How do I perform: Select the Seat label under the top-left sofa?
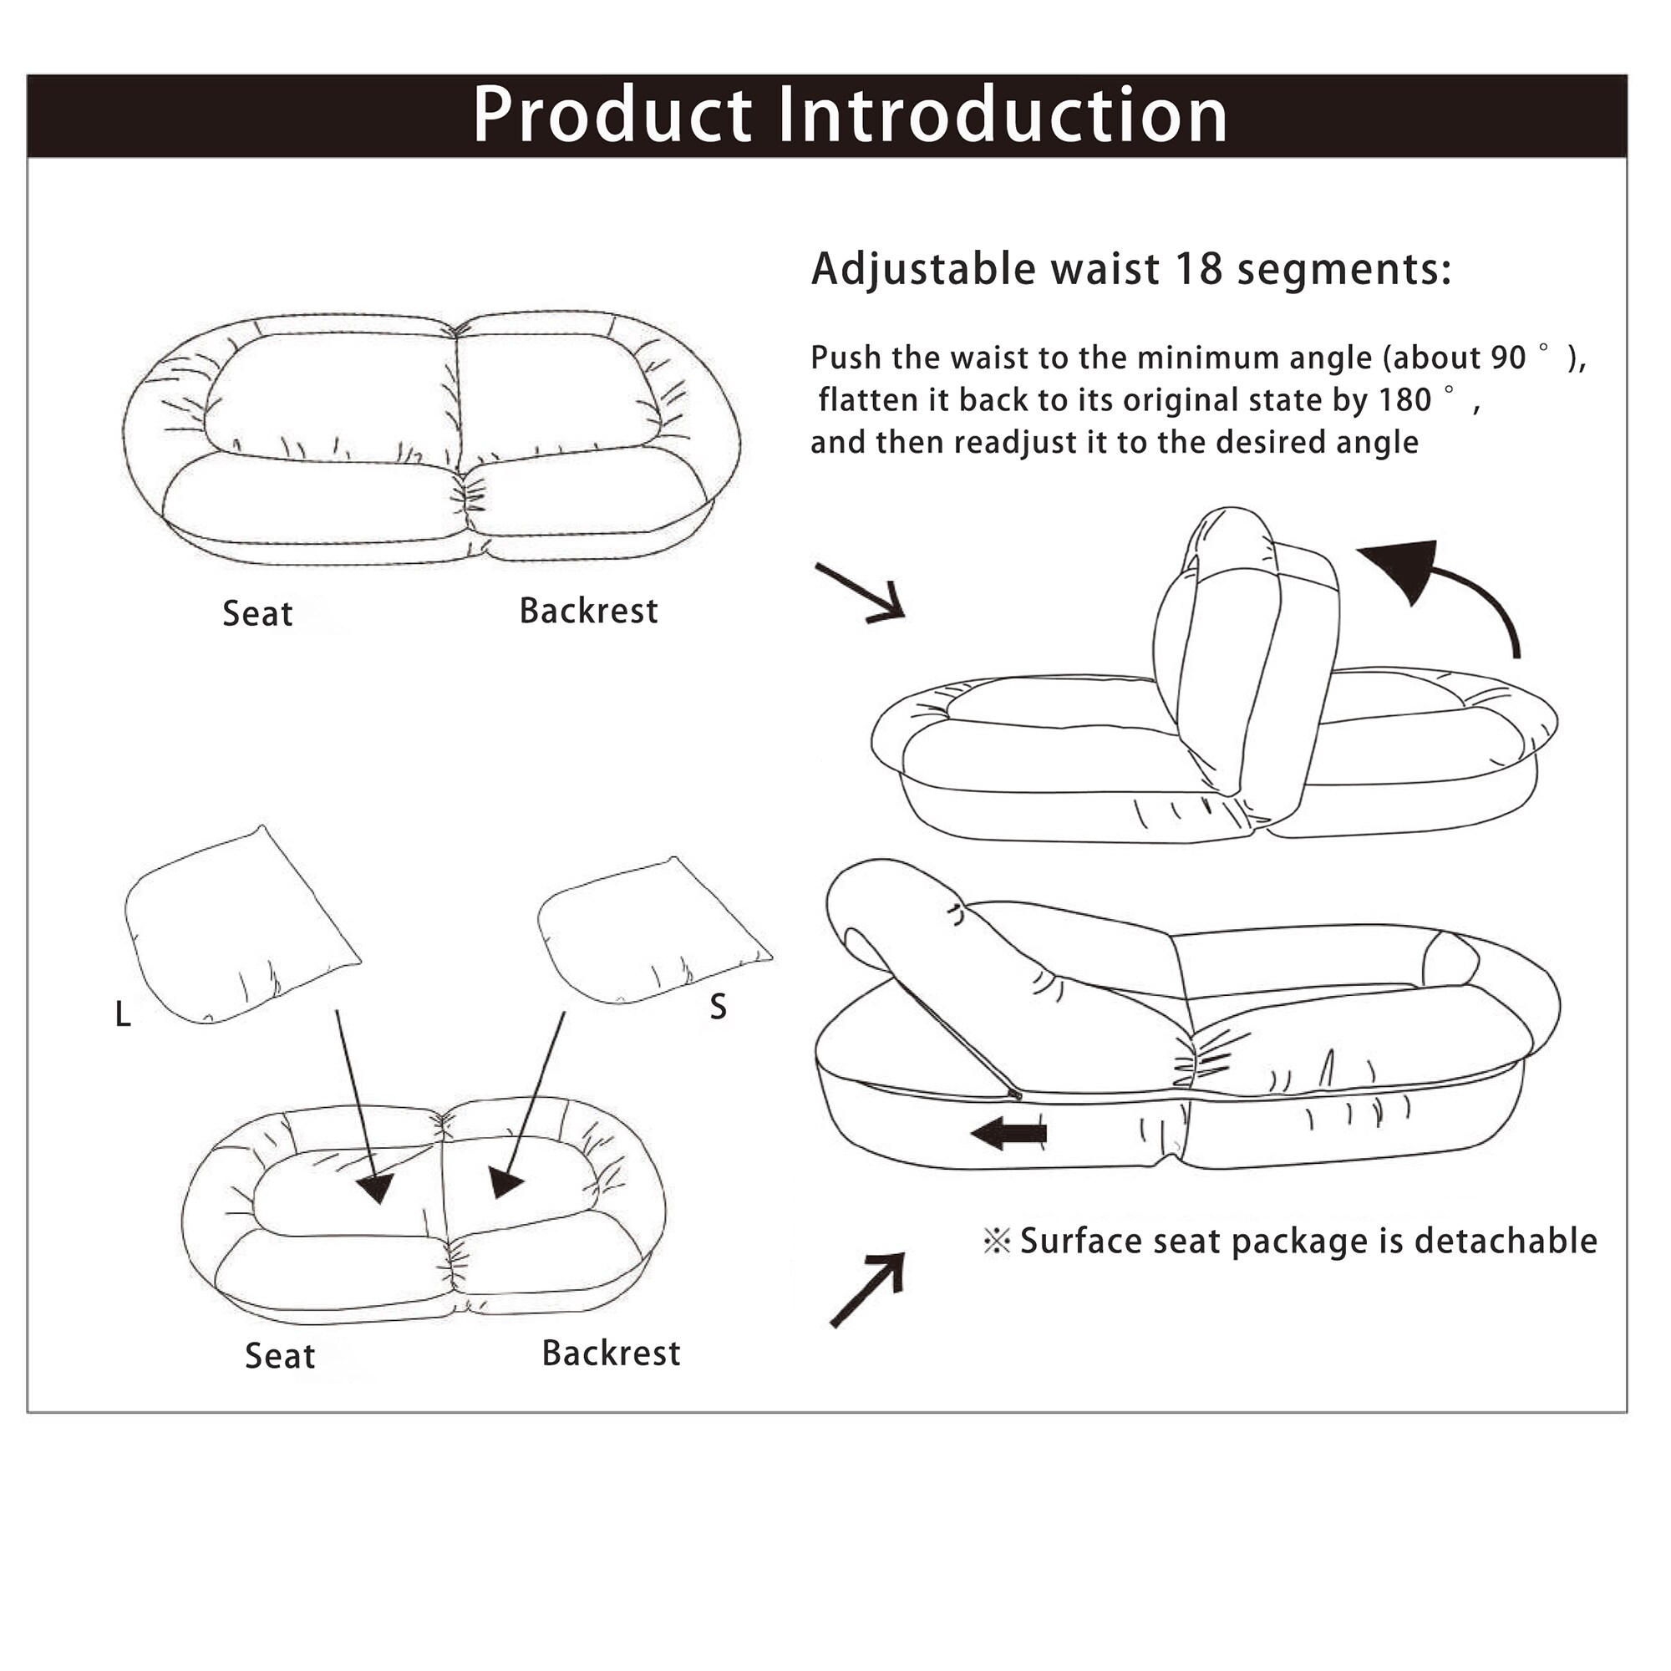click(257, 614)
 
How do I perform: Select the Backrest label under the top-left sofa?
click(588, 612)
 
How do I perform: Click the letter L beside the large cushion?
click(123, 1015)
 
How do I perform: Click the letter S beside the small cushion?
click(718, 1007)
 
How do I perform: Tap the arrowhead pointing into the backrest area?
click(505, 1181)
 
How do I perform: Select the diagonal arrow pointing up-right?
click(868, 1288)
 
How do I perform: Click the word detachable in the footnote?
click(1505, 1242)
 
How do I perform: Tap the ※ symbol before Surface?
click(997, 1242)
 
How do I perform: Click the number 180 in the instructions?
click(1404, 400)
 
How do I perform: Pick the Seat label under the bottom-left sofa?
click(279, 1356)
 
